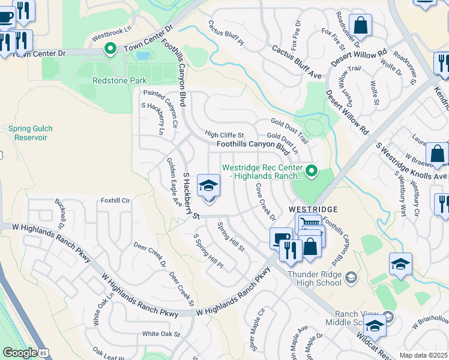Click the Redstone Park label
coord(103,80)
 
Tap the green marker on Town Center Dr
coord(110,48)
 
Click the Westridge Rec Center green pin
coord(311,172)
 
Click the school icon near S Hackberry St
coord(208,186)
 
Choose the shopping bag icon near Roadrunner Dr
coord(361,26)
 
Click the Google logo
coord(20,353)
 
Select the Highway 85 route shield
coord(43,353)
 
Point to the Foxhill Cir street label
coord(115,200)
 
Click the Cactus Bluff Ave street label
coord(297,63)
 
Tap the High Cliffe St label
coord(224,135)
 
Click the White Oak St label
coord(161,334)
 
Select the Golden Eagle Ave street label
coord(174,175)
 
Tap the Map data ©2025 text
coord(423,355)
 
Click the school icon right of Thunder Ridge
coord(400,265)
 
